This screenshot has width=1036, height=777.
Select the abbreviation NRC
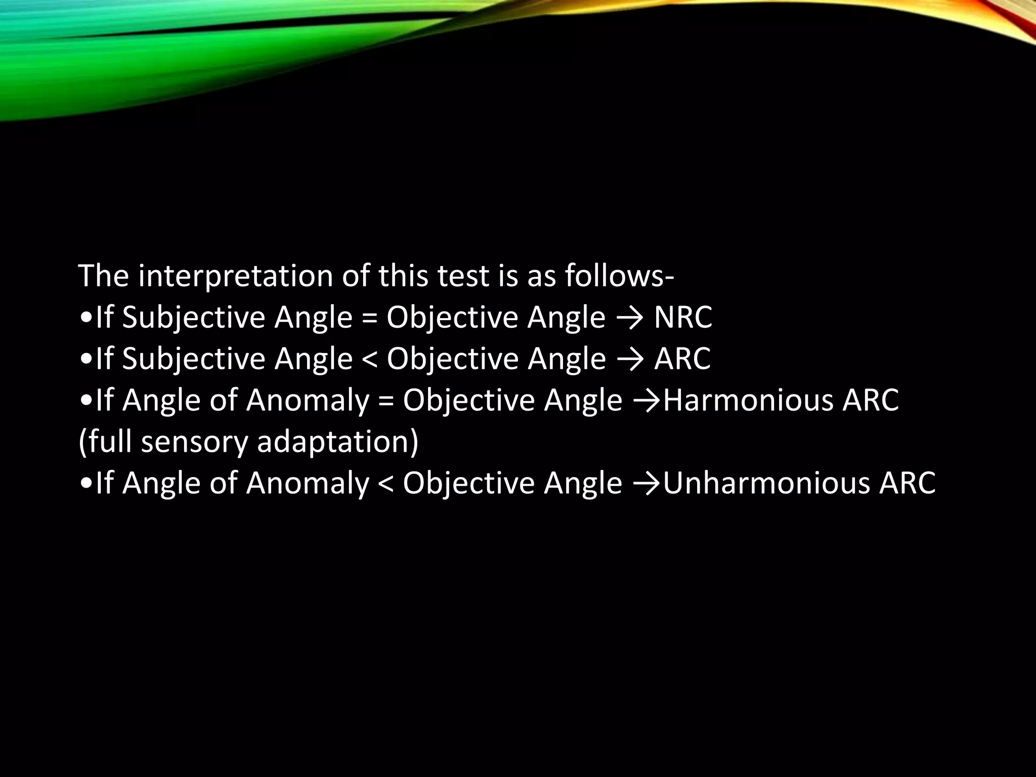[x=683, y=317]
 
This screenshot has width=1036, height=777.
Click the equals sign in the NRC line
[x=369, y=318]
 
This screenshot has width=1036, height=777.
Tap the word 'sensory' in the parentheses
[x=194, y=442]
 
